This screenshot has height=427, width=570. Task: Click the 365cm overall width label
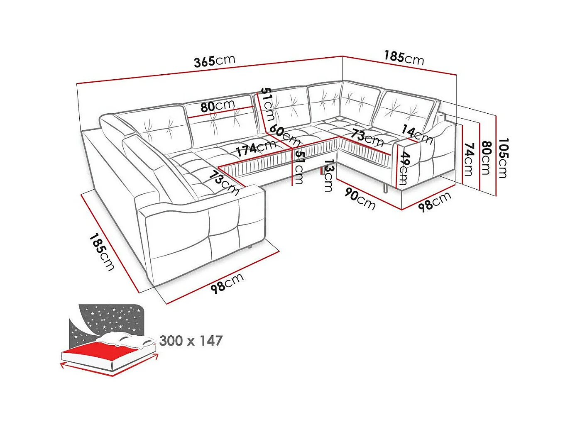click(214, 61)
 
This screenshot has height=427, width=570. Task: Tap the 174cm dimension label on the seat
click(256, 148)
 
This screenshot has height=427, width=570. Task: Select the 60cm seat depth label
click(284, 135)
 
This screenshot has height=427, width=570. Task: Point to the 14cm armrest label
click(417, 134)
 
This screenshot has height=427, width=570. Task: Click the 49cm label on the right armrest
click(404, 168)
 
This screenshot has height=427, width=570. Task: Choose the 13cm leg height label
click(329, 176)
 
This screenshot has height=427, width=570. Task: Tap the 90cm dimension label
click(360, 199)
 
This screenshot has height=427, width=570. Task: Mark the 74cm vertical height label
click(469, 159)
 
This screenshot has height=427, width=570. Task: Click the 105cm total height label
click(503, 158)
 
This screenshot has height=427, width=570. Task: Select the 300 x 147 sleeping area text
click(191, 341)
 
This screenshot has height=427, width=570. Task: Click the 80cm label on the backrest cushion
click(218, 106)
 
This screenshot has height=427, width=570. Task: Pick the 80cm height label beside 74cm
click(486, 158)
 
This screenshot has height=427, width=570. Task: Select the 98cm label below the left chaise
click(227, 283)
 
